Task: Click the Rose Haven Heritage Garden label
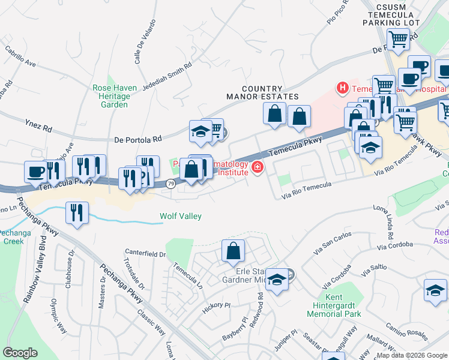(x=111, y=96)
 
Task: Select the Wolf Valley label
(x=180, y=217)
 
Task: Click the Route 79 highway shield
(x=170, y=185)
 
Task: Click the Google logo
(x=20, y=353)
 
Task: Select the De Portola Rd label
(x=139, y=139)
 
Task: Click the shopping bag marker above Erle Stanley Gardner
(x=233, y=251)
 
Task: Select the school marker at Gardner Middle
(x=277, y=280)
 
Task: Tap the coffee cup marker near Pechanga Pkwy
(x=36, y=172)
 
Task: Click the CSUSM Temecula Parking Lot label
(x=391, y=15)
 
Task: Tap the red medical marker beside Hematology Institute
(x=258, y=167)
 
